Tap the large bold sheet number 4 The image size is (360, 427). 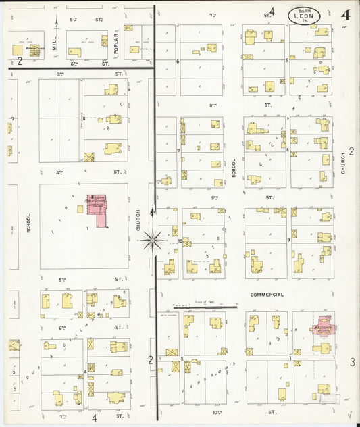point(345,16)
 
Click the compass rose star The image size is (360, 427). point(153,239)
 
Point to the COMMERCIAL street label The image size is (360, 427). point(267,295)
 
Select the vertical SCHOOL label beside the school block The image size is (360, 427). point(29,224)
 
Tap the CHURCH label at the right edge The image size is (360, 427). point(343,163)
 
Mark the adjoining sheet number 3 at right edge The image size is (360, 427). point(352,363)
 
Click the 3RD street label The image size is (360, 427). point(60,73)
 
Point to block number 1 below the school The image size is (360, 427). point(87,230)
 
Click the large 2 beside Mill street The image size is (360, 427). point(20,61)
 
